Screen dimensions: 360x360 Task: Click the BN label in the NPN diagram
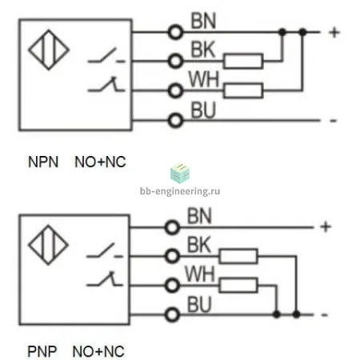[x=203, y=21]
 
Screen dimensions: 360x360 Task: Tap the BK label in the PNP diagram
[x=199, y=245]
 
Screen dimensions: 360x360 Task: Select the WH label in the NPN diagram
[x=204, y=79]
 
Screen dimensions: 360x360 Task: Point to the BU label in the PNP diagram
[x=199, y=304]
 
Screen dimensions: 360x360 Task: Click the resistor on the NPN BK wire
[x=243, y=61]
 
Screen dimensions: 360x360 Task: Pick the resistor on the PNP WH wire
[x=238, y=286]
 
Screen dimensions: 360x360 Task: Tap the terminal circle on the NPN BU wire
[x=175, y=121]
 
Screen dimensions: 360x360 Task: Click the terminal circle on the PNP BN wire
[x=172, y=227]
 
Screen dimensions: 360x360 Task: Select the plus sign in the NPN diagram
[x=334, y=33]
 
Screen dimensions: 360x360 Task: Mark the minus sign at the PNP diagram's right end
[x=324, y=315]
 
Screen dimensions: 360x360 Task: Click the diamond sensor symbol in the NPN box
[x=49, y=50]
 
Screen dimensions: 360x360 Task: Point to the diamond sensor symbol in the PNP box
[x=48, y=245]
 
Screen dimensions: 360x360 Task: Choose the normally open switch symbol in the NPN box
[x=106, y=56]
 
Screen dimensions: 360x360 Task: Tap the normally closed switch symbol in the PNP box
[x=105, y=279]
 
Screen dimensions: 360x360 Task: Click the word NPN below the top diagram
[x=43, y=162]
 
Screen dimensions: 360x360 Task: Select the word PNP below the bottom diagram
[x=42, y=351]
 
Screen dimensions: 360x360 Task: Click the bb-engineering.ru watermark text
[x=180, y=191]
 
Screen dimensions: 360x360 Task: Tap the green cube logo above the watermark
[x=180, y=174]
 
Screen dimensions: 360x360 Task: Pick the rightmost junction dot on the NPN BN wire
[x=302, y=32]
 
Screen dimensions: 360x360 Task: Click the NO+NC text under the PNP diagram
[x=98, y=351]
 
